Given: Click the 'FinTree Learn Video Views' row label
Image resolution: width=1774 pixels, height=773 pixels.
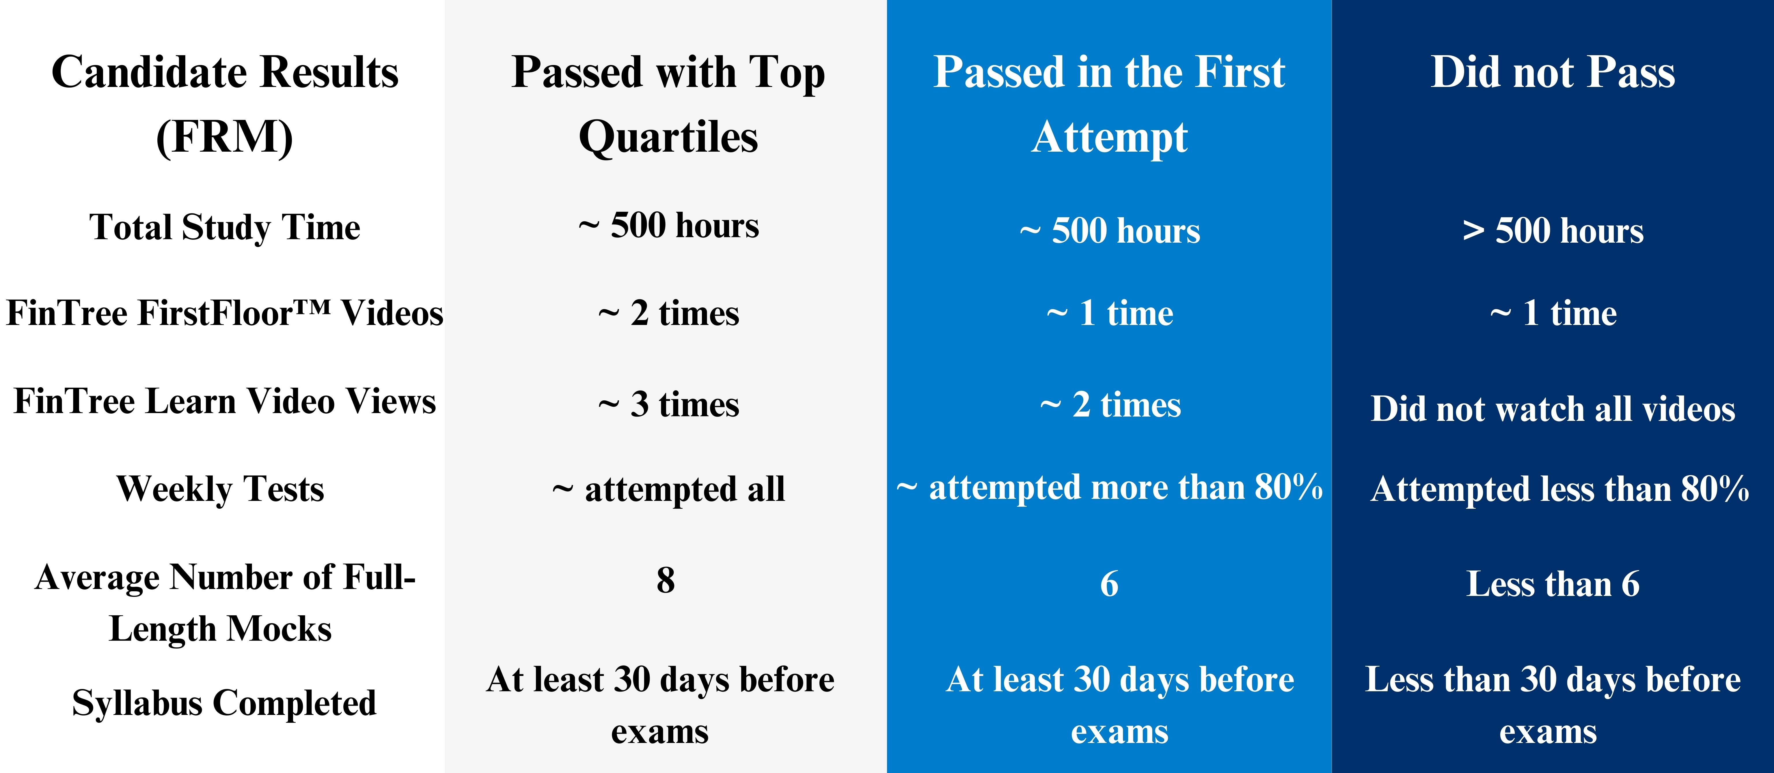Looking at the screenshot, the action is (x=225, y=401).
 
